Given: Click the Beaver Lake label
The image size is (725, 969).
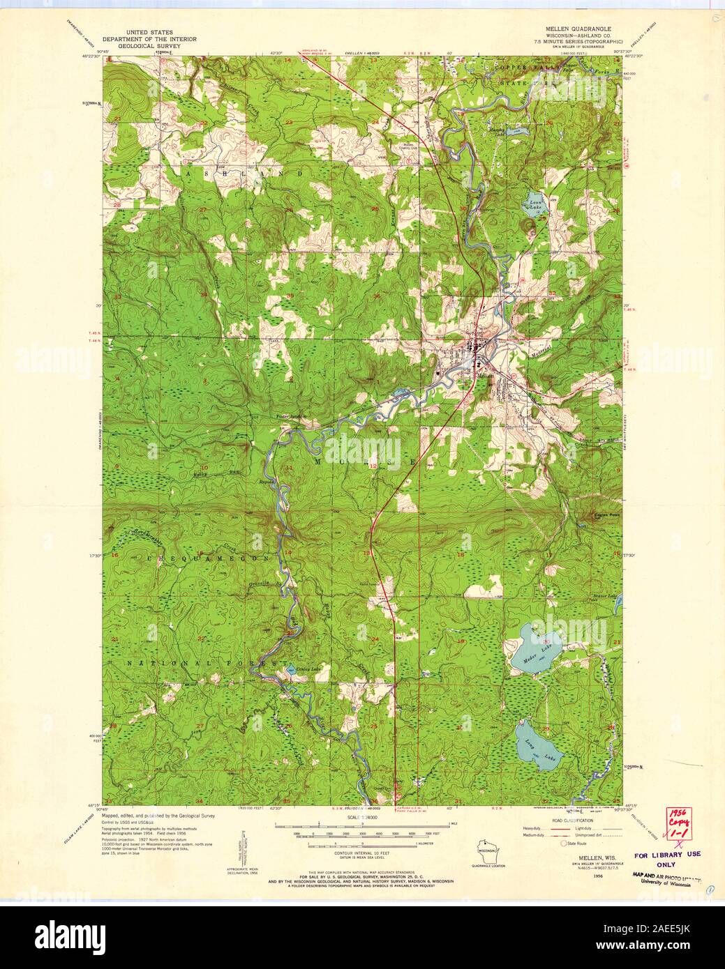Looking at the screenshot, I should click(x=606, y=597).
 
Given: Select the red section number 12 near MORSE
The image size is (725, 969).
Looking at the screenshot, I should click(x=373, y=465).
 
